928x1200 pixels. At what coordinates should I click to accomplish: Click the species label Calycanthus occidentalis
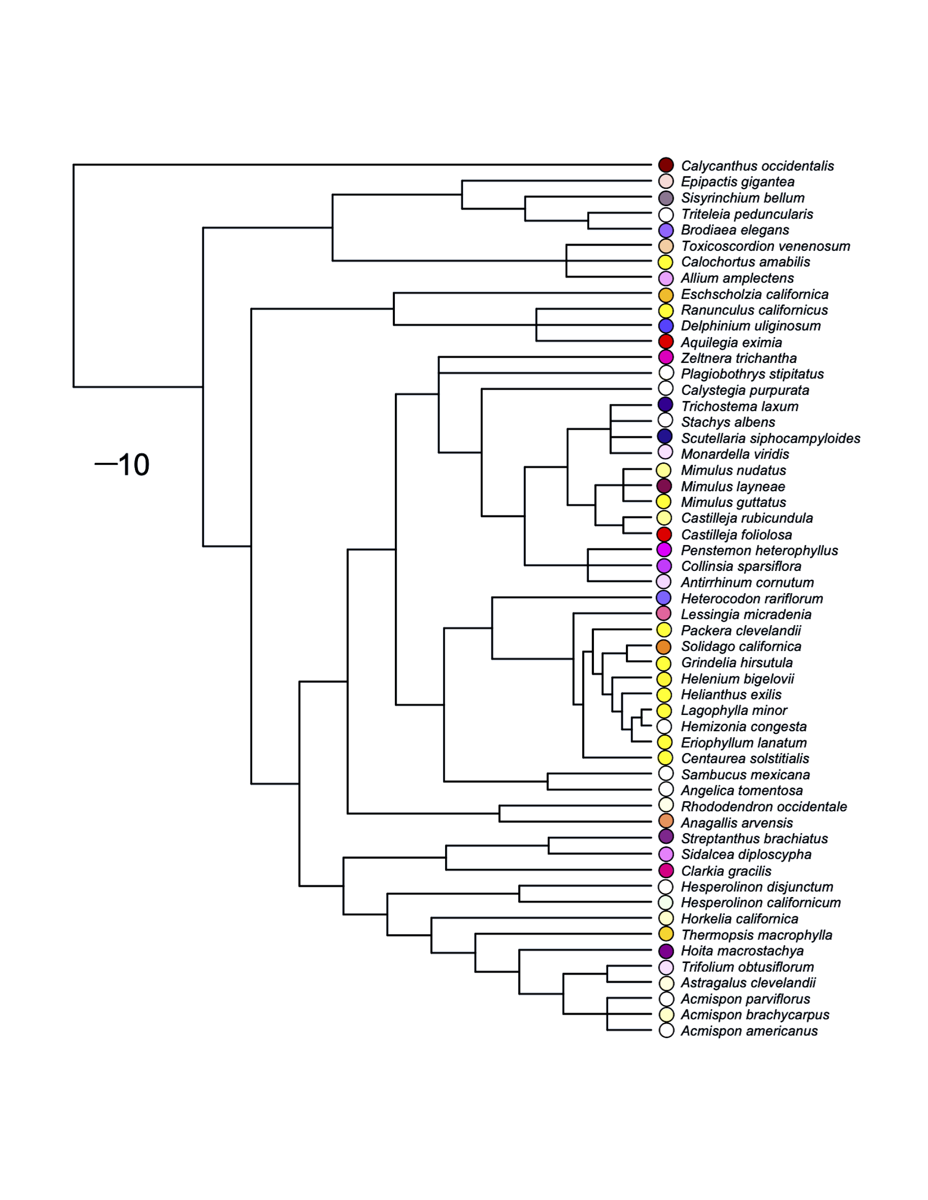(x=757, y=166)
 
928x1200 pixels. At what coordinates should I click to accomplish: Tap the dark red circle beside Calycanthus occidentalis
(x=666, y=165)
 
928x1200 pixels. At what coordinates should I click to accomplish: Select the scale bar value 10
(x=134, y=465)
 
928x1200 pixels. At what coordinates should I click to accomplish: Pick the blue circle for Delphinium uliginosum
(x=666, y=326)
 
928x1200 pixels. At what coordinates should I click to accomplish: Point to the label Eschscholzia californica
(x=754, y=295)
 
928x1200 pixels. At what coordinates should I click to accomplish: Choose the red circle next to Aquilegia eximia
(x=666, y=342)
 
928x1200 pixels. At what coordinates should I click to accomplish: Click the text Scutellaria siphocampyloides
(x=770, y=439)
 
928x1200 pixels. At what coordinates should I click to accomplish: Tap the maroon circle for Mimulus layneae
(x=664, y=486)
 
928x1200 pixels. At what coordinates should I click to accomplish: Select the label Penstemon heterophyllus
(x=759, y=551)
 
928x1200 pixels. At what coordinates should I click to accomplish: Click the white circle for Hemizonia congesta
(x=664, y=727)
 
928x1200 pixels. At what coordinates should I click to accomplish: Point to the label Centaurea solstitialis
(x=745, y=759)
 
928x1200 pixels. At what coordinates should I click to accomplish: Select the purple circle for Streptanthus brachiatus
(x=666, y=837)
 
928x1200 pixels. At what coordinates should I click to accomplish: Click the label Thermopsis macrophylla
(x=757, y=935)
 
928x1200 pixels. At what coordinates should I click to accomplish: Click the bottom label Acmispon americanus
(x=749, y=1031)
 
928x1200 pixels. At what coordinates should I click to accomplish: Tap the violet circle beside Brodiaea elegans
(x=666, y=230)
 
